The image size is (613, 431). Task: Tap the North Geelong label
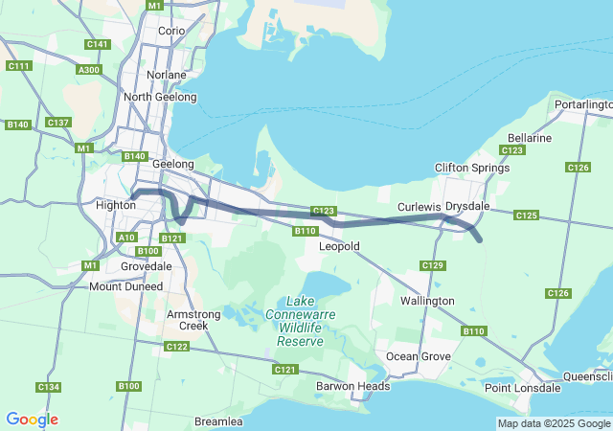click(160, 97)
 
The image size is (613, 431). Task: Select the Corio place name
click(171, 31)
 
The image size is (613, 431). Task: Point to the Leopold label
click(339, 246)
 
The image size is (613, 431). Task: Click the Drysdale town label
click(467, 206)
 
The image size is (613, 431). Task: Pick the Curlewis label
click(420, 207)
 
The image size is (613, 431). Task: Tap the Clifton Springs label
click(469, 168)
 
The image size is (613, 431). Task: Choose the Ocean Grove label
click(418, 356)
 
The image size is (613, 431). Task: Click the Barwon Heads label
click(353, 387)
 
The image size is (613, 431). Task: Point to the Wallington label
click(427, 301)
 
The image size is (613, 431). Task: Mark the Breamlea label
click(218, 421)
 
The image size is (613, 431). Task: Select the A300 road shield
click(89, 70)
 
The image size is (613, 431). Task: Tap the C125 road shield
click(526, 215)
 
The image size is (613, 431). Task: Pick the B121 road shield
click(172, 238)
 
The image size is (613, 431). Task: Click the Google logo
click(32, 420)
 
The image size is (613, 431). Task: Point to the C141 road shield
click(97, 44)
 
